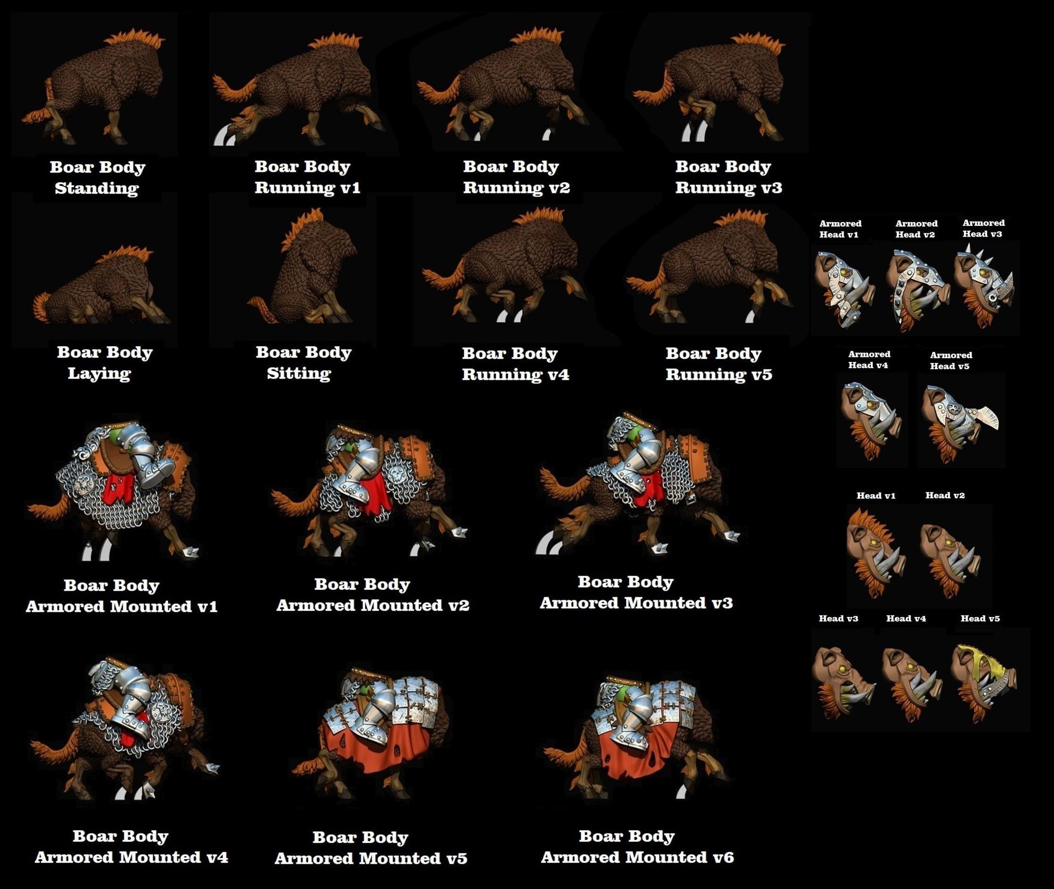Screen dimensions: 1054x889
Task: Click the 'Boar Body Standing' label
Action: point(97,177)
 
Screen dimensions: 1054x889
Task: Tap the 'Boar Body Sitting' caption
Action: point(304,362)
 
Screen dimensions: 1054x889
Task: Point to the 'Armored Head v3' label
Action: point(983,228)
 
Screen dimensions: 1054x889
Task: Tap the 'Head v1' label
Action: point(876,496)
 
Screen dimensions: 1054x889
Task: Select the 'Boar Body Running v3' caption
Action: point(728,177)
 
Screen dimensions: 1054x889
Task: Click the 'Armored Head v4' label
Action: point(869,360)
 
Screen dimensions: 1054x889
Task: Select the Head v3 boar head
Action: point(843,683)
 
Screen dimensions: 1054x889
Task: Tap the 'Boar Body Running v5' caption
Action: point(718,364)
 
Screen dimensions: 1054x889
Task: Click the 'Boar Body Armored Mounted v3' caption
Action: point(636,593)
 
